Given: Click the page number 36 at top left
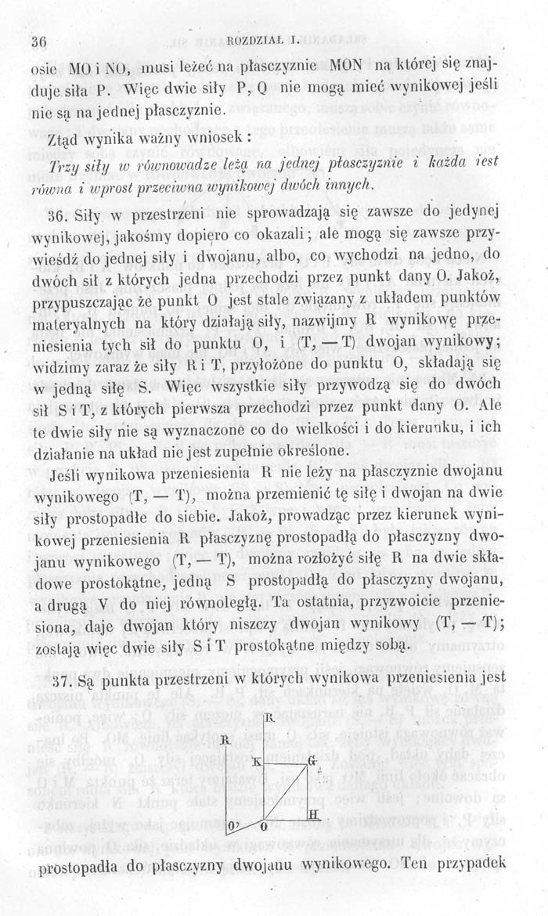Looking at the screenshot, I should click(x=38, y=40).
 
